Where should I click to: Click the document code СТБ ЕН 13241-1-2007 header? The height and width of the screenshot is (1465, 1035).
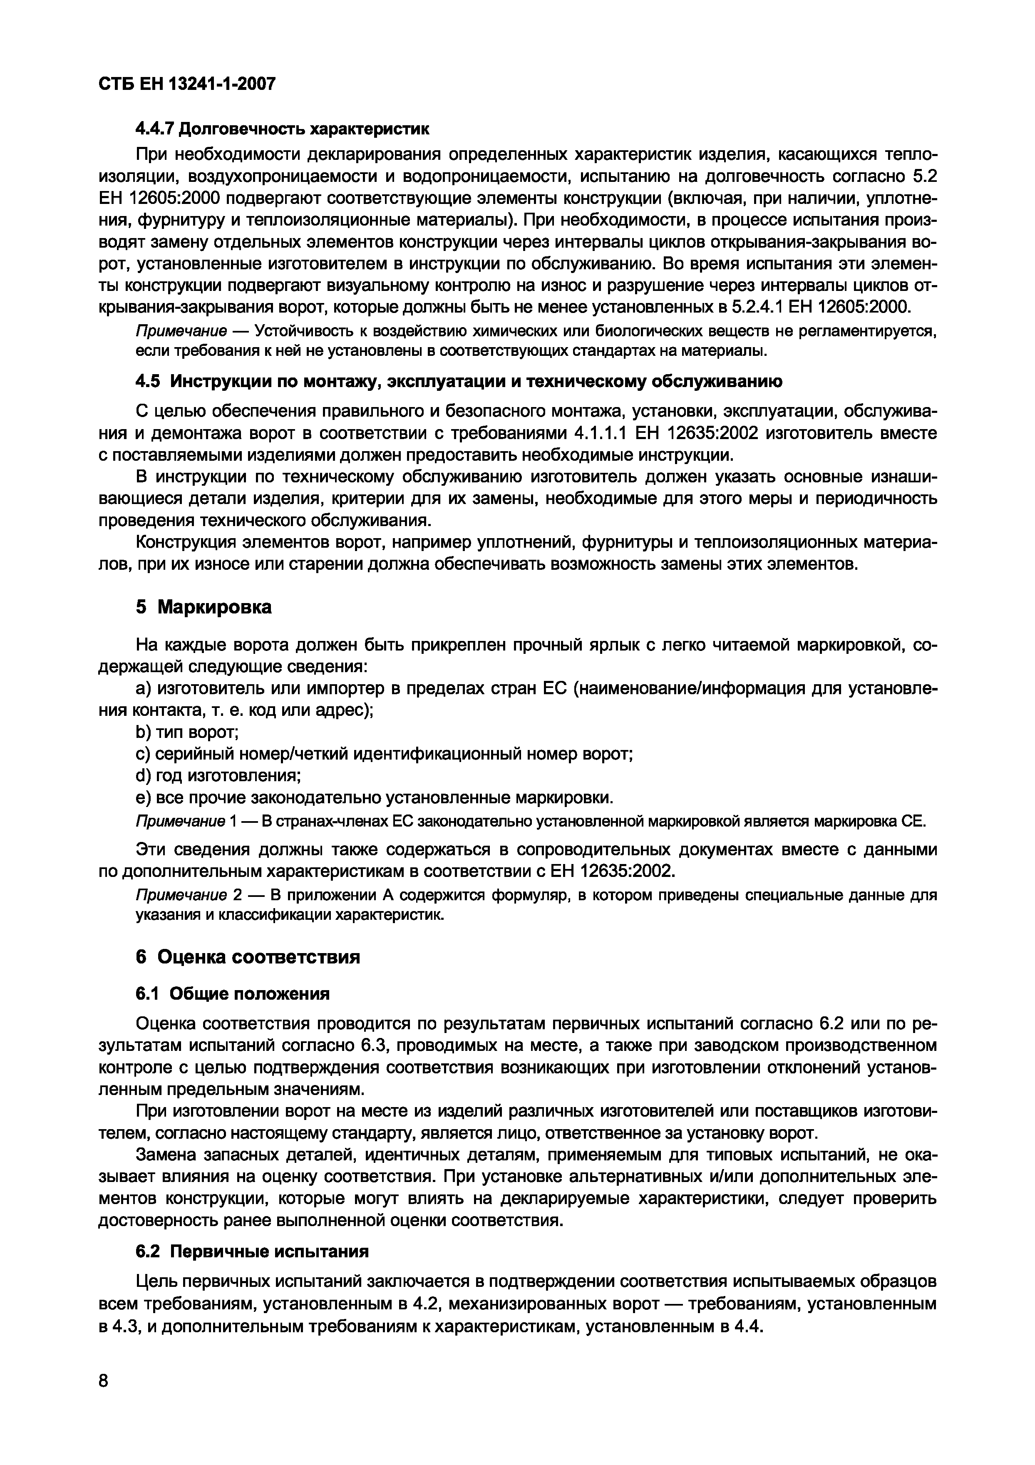coord(187,84)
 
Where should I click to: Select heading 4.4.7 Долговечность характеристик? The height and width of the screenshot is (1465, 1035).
coord(283,129)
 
